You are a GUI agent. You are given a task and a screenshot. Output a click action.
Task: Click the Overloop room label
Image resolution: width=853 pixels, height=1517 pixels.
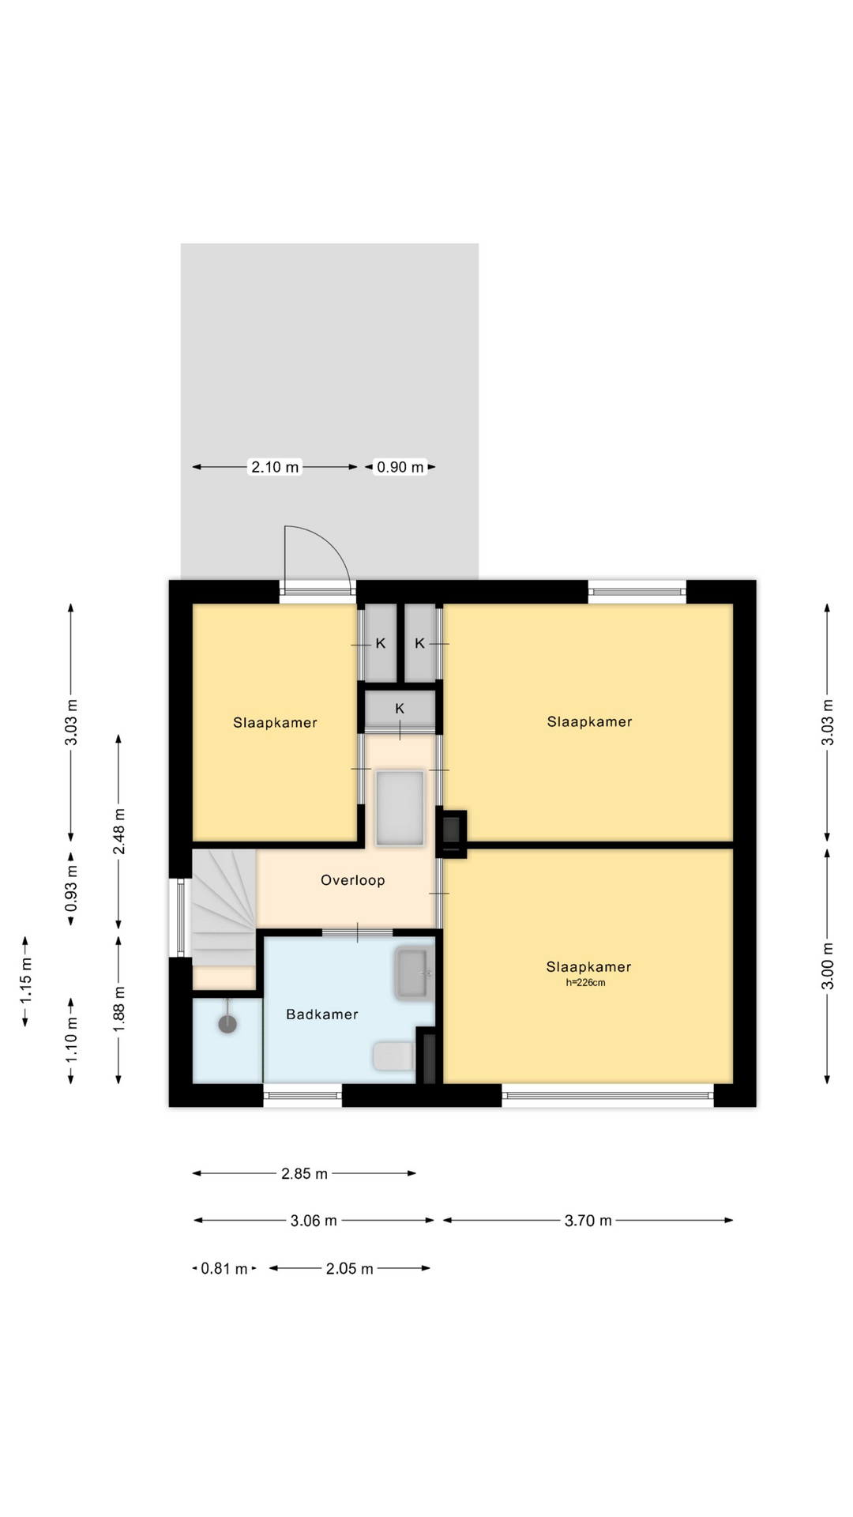(x=352, y=880)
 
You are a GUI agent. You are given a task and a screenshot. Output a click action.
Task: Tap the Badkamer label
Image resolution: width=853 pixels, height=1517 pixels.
(x=322, y=1014)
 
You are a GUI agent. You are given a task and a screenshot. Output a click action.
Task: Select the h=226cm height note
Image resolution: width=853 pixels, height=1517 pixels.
(x=585, y=983)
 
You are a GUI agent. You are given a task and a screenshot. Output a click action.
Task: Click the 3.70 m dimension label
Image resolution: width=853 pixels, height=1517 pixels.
(x=588, y=1221)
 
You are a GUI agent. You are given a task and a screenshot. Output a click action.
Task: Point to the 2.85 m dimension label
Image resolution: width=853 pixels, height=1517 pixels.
(x=304, y=1174)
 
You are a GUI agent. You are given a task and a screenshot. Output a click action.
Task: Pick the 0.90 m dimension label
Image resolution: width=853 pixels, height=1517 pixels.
(x=400, y=467)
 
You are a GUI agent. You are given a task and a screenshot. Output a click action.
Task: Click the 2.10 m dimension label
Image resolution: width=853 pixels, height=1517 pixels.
(x=275, y=467)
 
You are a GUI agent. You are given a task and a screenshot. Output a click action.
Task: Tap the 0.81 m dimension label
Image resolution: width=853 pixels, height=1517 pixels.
(x=224, y=1269)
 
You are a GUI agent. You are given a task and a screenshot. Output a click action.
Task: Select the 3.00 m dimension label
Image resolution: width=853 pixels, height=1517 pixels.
(x=828, y=966)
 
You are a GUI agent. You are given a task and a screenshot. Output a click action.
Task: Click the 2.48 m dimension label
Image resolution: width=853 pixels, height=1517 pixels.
(x=118, y=831)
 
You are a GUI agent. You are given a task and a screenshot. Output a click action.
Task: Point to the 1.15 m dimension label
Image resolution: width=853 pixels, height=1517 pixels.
(x=26, y=981)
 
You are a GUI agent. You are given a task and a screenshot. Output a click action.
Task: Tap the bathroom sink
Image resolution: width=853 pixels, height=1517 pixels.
(x=414, y=973)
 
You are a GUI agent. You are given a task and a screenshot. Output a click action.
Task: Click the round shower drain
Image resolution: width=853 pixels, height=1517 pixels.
(x=227, y=1024)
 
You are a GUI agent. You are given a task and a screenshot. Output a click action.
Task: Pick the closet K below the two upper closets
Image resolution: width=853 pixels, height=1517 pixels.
(x=400, y=710)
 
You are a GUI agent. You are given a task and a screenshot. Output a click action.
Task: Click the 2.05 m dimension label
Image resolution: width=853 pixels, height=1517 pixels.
(x=349, y=1269)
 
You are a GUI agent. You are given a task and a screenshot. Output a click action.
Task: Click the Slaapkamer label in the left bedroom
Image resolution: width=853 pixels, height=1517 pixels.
(x=275, y=723)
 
